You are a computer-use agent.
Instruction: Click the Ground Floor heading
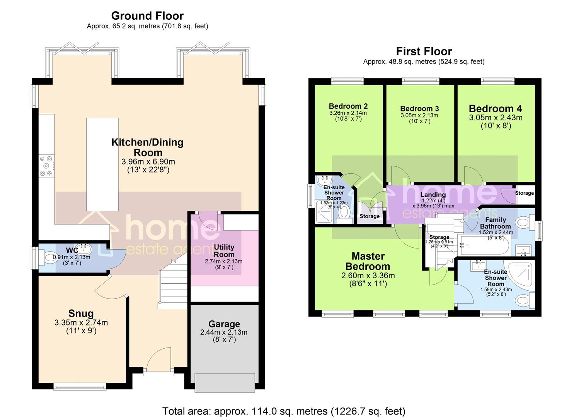tap(147, 16)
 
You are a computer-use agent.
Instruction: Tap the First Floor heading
tap(424, 51)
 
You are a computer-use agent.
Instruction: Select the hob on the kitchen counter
tap(47, 166)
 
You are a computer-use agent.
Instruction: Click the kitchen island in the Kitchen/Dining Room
tap(102, 164)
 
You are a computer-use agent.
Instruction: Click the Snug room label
tap(81, 313)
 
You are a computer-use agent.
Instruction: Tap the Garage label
tap(224, 324)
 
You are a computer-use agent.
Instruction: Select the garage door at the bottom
tap(225, 383)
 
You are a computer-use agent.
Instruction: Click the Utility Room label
tap(224, 251)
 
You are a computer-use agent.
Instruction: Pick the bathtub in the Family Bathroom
tap(484, 245)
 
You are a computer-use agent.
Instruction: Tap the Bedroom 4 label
tap(495, 108)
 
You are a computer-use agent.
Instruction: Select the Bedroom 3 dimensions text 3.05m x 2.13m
tap(419, 115)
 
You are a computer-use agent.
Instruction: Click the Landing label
tap(433, 195)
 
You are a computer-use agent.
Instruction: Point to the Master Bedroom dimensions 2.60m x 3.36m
tap(368, 276)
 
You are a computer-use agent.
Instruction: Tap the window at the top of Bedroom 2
tap(347, 81)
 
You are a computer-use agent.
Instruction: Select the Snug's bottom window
tap(80, 386)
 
